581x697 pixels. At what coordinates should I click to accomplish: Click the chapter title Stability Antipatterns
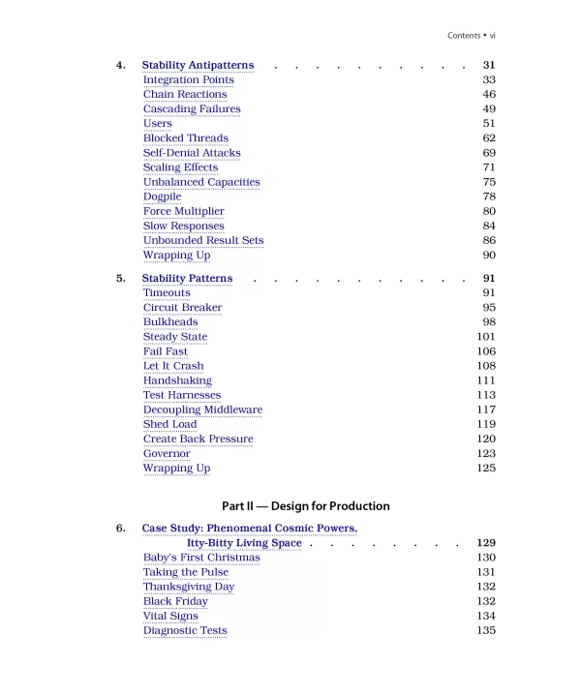(x=198, y=65)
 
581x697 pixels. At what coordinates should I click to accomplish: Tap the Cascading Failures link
(x=192, y=108)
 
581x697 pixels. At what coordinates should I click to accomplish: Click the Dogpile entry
(x=162, y=197)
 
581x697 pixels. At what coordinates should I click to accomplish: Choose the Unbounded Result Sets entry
(x=203, y=240)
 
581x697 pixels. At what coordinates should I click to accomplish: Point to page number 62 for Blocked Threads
(x=488, y=138)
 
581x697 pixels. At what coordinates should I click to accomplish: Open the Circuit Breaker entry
(x=182, y=308)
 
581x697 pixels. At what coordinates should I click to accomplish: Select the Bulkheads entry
(x=170, y=322)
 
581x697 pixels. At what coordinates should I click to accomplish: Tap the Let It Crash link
(x=173, y=366)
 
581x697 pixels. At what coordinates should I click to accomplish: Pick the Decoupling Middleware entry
(x=202, y=409)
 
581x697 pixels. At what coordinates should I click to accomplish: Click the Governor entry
(x=167, y=453)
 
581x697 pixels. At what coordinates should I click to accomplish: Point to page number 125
(x=486, y=469)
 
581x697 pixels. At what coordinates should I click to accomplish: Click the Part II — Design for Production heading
(x=306, y=505)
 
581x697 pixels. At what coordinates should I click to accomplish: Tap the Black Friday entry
(x=175, y=601)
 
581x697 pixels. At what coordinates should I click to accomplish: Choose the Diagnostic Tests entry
(x=185, y=630)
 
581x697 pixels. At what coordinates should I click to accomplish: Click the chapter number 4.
(x=121, y=65)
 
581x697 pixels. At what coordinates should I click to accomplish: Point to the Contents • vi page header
(x=472, y=36)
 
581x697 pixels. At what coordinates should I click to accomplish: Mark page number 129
(x=486, y=543)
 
